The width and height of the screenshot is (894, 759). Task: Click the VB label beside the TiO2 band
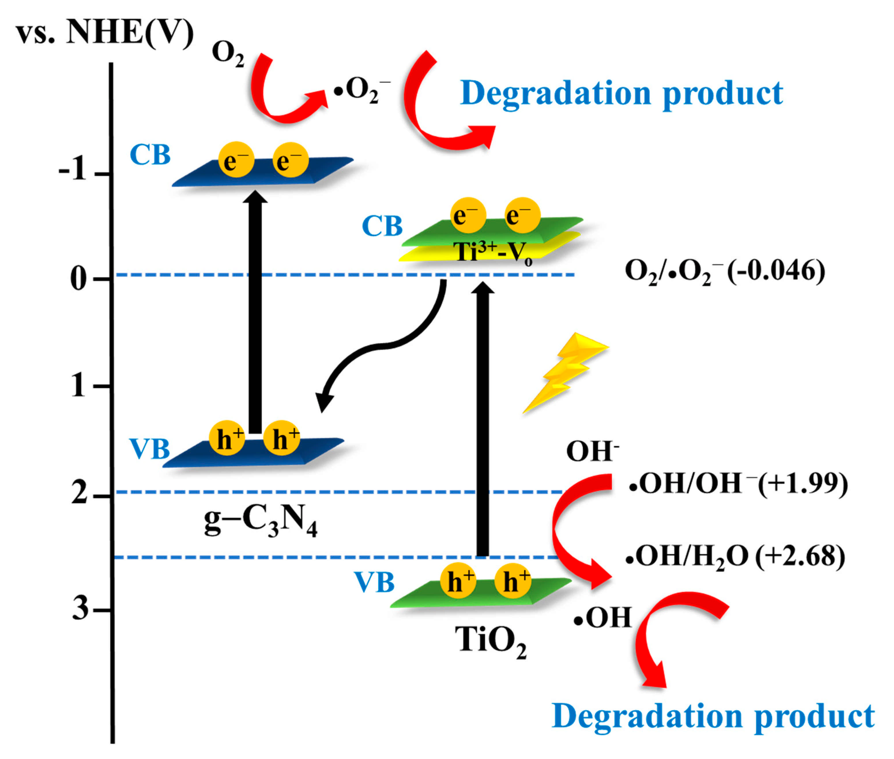[374, 583]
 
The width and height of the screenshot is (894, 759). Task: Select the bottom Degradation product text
[713, 716]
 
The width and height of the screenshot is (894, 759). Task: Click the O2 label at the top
[227, 54]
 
